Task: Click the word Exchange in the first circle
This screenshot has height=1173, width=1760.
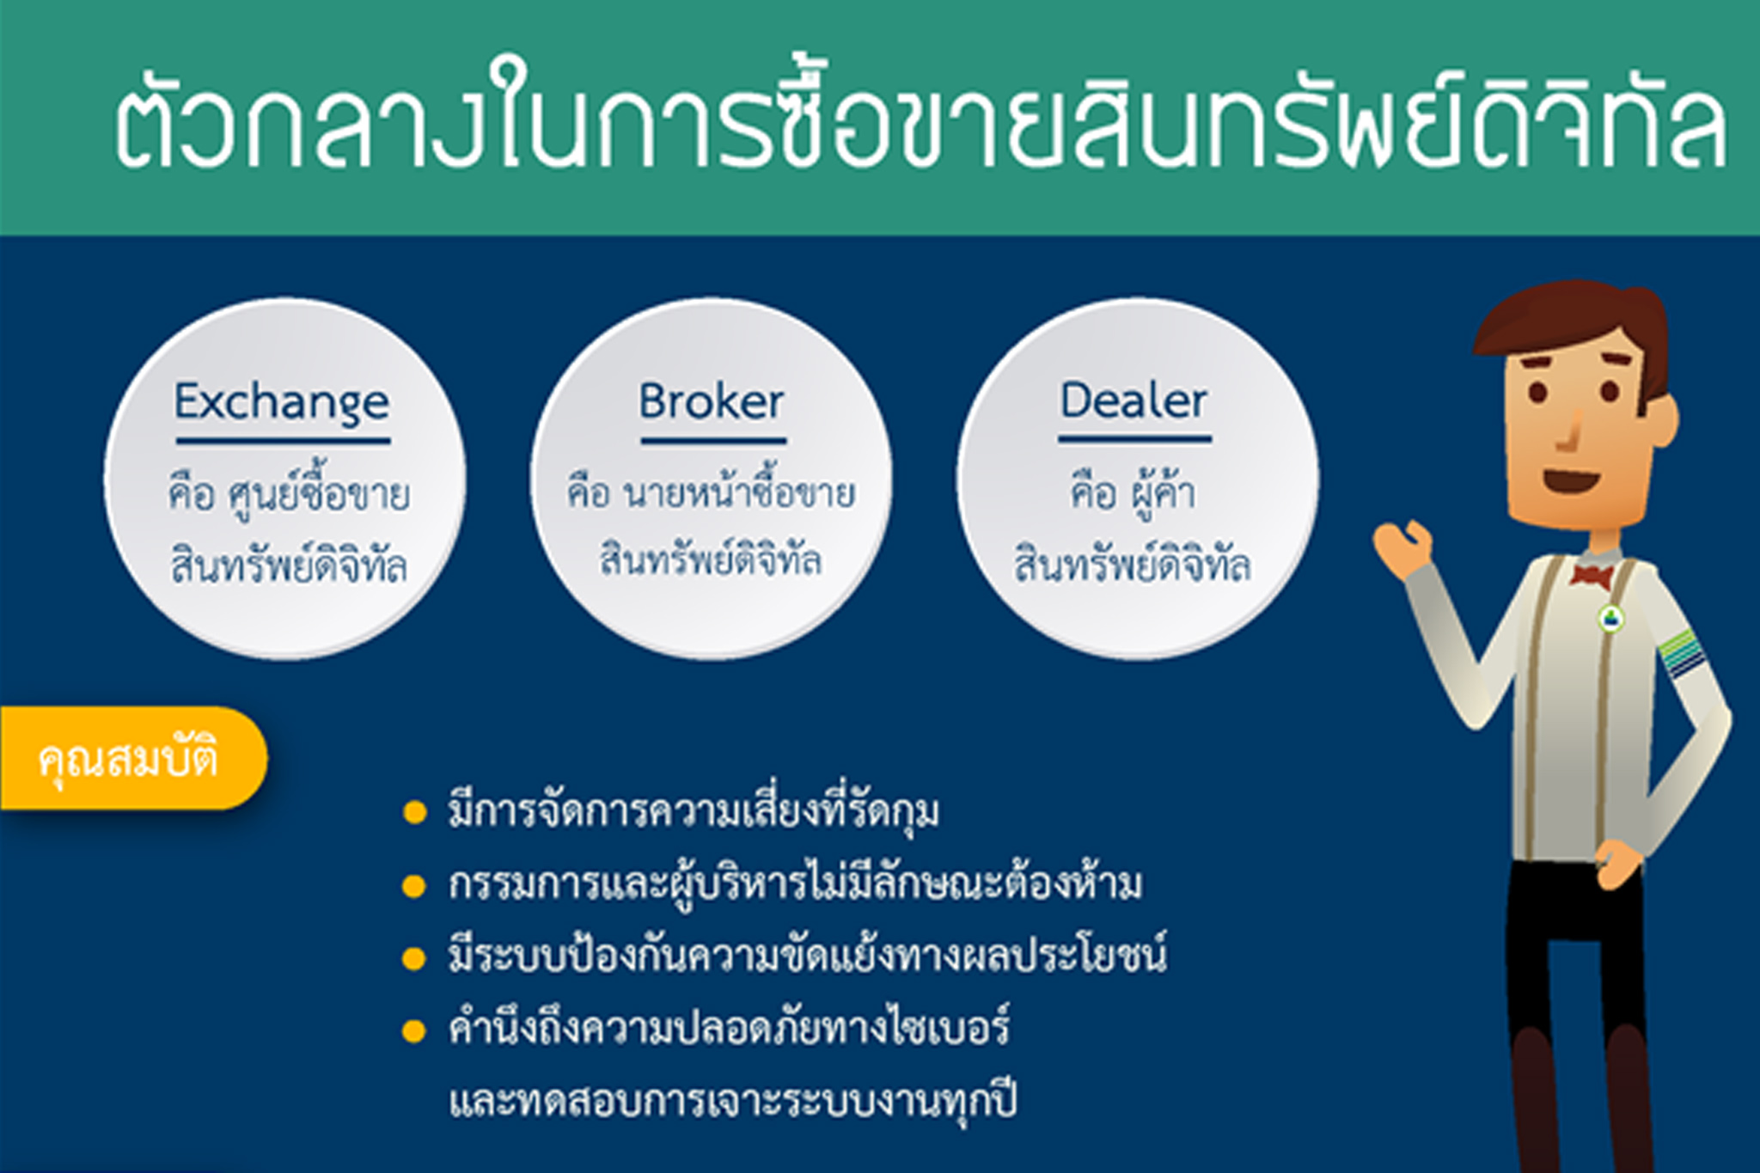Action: [282, 403]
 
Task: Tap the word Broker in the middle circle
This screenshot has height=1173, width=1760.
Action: [711, 401]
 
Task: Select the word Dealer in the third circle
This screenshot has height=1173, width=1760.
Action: [1134, 400]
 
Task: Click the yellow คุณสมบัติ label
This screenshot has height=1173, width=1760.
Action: [129, 759]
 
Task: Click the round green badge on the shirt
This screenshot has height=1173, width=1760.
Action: [1610, 617]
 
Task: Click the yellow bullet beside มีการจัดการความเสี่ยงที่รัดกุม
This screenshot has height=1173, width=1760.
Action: [415, 813]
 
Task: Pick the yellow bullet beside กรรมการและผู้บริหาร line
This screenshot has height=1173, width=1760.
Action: [415, 886]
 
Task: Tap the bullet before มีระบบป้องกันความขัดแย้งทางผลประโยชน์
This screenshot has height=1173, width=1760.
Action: [415, 958]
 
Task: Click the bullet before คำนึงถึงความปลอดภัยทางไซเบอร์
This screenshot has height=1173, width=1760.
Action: [415, 1030]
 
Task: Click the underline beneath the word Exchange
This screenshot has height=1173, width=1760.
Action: [284, 442]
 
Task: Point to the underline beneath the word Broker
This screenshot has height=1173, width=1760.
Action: [713, 441]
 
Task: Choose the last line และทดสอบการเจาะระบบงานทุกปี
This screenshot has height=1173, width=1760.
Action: [732, 1102]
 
